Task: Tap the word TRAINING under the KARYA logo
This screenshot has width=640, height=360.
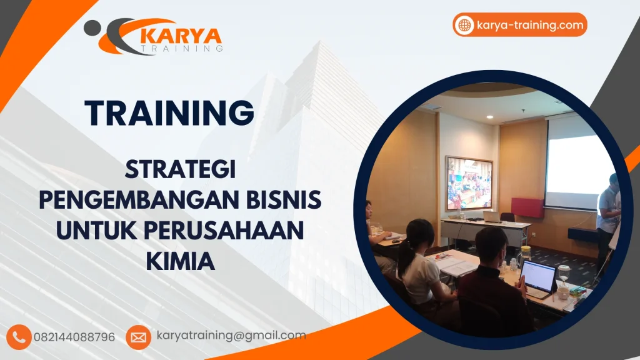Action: pos(181,47)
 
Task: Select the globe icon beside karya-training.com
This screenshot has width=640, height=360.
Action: pos(464,25)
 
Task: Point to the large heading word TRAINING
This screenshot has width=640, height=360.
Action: pos(169,112)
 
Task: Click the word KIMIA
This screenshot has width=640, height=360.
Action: pos(181,260)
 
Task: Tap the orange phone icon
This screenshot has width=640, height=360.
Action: pos(19,337)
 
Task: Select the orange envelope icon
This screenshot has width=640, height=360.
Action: pos(138,337)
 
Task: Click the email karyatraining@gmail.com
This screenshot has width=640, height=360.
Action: pos(231,336)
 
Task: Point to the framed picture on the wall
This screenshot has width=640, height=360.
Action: pos(469,183)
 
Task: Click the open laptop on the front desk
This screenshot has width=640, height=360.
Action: pos(537,278)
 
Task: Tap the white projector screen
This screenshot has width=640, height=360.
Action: pos(578,164)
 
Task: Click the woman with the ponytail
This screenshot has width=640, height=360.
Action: pos(419,262)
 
